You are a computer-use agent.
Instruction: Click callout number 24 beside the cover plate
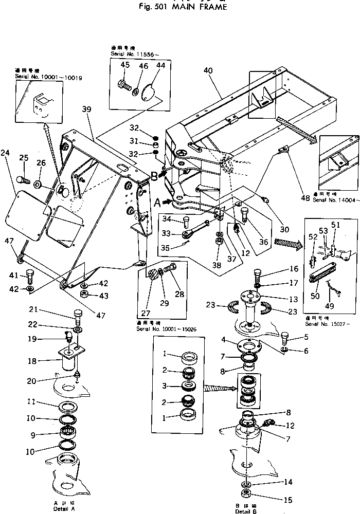(x=6, y=153)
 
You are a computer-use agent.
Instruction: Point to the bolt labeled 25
(x=22, y=180)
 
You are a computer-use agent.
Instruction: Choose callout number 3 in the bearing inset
(x=165, y=385)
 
